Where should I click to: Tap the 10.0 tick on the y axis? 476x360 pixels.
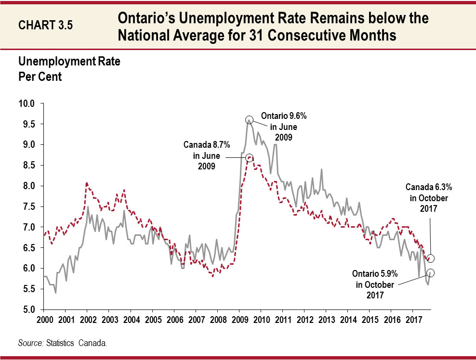tap(27, 103)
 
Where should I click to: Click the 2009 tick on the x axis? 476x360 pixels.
tap(239, 320)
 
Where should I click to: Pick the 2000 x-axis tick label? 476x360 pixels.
tap(44, 320)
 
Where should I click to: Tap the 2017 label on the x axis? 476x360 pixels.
tap(413, 320)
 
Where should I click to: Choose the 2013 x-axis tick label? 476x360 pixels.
tap(326, 320)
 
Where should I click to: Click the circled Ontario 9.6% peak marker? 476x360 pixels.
tap(249, 120)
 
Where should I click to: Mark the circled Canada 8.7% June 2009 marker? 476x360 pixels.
tap(249, 157)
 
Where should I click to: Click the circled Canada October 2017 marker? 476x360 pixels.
tap(430, 258)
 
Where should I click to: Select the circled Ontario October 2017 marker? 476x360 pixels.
tap(430, 272)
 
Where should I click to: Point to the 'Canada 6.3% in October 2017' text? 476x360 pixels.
tap(426, 198)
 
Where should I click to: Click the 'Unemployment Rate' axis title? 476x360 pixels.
tap(69, 62)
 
